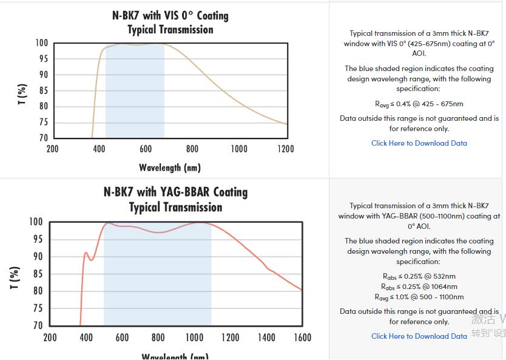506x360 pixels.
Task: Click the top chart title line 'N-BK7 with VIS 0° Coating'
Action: (170, 15)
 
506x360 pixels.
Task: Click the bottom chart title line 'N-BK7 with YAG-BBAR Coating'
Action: (175, 192)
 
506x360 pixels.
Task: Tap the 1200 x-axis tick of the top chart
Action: (285, 149)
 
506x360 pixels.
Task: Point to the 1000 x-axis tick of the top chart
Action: (238, 149)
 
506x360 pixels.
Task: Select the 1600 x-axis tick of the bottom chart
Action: (302, 337)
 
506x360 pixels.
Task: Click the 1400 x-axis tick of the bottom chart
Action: (266, 337)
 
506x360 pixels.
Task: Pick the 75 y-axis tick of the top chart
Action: (42, 122)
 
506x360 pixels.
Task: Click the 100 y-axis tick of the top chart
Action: (41, 43)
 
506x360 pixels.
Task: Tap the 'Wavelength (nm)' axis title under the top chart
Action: (170, 167)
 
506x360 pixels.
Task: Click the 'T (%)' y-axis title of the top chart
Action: (22, 94)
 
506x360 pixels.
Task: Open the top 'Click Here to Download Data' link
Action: (419, 143)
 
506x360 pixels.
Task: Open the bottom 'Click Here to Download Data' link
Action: (419, 336)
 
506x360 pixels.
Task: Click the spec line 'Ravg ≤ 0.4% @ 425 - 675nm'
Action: (419, 104)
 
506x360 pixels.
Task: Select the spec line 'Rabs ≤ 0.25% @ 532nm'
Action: (419, 276)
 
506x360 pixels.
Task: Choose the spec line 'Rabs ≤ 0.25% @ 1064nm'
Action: (419, 287)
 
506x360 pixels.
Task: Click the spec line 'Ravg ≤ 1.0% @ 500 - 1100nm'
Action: (419, 297)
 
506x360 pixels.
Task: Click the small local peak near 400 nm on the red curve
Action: (86, 253)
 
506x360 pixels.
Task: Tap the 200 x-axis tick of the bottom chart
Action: (50, 337)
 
